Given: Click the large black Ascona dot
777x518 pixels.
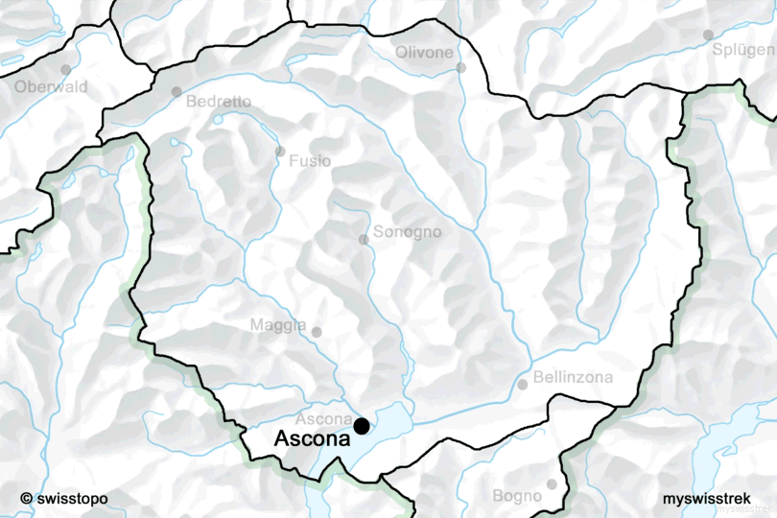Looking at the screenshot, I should [362, 426].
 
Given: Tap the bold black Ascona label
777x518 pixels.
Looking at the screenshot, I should [312, 439].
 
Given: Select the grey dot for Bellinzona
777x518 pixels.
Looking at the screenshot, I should [523, 385].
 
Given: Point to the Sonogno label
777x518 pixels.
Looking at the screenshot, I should [407, 232].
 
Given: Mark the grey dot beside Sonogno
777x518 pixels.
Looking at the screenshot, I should [364, 239].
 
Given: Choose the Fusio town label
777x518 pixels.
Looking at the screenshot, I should [310, 161].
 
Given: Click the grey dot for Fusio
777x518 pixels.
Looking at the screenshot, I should [279, 152].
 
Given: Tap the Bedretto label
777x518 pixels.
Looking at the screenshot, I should [219, 101].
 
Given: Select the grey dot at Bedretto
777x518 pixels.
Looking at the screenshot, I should [177, 92].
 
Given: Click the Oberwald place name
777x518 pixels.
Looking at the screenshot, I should [51, 86].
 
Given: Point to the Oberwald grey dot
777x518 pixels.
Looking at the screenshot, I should [66, 70].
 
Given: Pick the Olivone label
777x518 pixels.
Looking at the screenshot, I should [424, 52].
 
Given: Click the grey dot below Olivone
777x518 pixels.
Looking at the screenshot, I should [460, 67].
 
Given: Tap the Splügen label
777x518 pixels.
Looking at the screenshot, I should [743, 50].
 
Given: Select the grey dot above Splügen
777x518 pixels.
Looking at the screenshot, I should [708, 35].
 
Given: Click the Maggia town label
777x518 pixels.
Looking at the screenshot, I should [278, 325].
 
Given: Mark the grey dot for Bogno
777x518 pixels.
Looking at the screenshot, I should [552, 484].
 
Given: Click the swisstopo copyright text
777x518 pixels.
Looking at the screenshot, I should [63, 499].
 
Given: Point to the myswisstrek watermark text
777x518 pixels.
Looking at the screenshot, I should [706, 499].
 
